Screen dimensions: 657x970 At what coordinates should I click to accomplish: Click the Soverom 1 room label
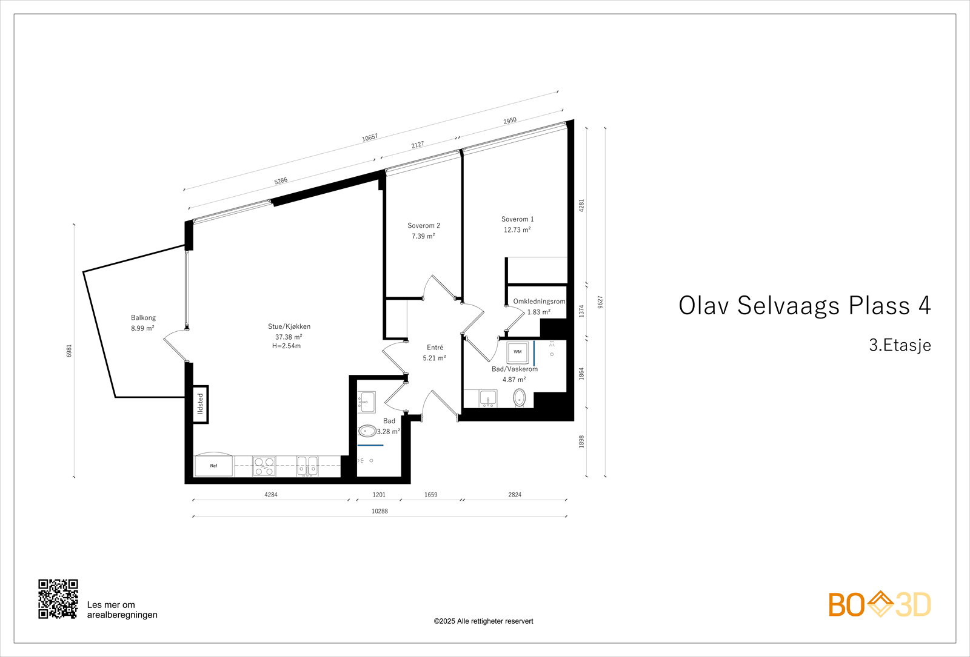pyautogui.click(x=517, y=219)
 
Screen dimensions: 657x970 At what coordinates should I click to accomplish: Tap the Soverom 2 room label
pyautogui.click(x=424, y=226)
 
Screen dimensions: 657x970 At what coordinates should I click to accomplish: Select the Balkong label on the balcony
pyautogui.click(x=143, y=318)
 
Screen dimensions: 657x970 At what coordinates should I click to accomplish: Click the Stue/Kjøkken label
pyautogui.click(x=289, y=326)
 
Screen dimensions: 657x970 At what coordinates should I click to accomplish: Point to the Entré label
pyautogui.click(x=435, y=348)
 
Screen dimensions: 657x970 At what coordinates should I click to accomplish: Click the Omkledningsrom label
pyautogui.click(x=539, y=302)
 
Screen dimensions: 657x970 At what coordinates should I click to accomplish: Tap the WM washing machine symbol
pyautogui.click(x=517, y=352)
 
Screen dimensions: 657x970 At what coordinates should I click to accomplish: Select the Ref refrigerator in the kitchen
pyautogui.click(x=213, y=466)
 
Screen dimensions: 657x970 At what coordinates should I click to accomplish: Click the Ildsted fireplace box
pyautogui.click(x=201, y=404)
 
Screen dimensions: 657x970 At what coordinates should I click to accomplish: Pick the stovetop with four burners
pyautogui.click(x=264, y=466)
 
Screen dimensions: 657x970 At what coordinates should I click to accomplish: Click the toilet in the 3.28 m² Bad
pyautogui.click(x=367, y=431)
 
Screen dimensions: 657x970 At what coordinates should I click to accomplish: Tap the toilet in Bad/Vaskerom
pyautogui.click(x=520, y=398)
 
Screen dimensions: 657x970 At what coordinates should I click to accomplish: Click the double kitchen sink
pyautogui.click(x=307, y=466)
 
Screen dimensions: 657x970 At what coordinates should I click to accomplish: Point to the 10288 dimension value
pyautogui.click(x=380, y=511)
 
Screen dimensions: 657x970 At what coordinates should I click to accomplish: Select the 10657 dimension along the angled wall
pyautogui.click(x=370, y=137)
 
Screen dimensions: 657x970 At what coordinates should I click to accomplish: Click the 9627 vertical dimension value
pyautogui.click(x=600, y=302)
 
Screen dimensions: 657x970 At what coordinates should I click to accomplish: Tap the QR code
pyautogui.click(x=58, y=599)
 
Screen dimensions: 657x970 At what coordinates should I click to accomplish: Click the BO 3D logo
pyautogui.click(x=879, y=604)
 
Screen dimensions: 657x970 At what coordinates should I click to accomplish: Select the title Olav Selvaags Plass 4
pyautogui.click(x=804, y=306)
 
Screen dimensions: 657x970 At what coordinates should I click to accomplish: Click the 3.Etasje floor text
pyautogui.click(x=900, y=345)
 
